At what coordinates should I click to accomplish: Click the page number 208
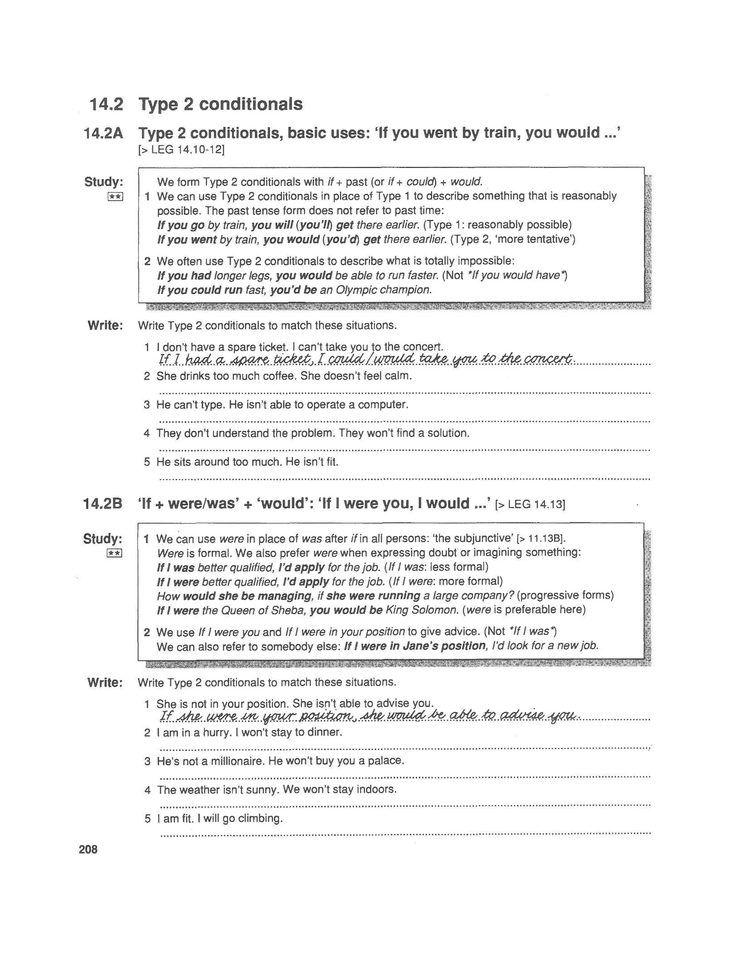[x=88, y=849]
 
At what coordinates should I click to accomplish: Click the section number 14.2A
[x=103, y=133]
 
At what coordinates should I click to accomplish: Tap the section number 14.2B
[x=102, y=504]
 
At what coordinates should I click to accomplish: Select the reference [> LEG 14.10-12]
[x=181, y=150]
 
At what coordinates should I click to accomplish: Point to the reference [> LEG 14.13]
[x=530, y=504]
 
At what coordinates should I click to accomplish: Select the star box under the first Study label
[x=115, y=197]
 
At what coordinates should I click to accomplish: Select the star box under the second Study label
[x=114, y=553]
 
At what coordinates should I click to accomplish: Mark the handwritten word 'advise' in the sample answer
[x=522, y=715]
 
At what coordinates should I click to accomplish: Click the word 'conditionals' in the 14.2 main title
[x=251, y=104]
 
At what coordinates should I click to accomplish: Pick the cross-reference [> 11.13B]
[x=541, y=539]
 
